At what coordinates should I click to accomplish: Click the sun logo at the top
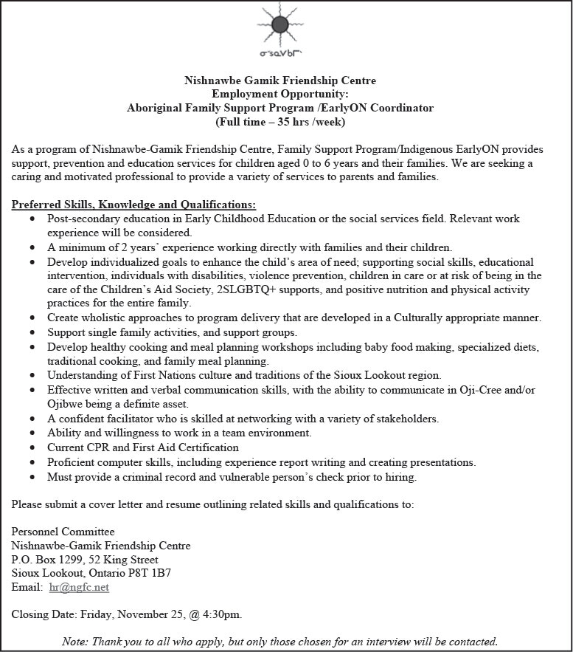(279, 25)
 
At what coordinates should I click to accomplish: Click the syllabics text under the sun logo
(279, 54)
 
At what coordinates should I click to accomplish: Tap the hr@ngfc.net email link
(79, 587)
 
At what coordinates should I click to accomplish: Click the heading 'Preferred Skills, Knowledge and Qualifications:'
(134, 205)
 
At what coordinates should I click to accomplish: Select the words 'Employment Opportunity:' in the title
(279, 94)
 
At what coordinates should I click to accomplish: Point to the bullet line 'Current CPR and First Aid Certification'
(143, 447)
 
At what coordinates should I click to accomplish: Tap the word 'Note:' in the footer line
(75, 641)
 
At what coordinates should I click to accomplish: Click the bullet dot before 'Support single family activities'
(32, 332)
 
